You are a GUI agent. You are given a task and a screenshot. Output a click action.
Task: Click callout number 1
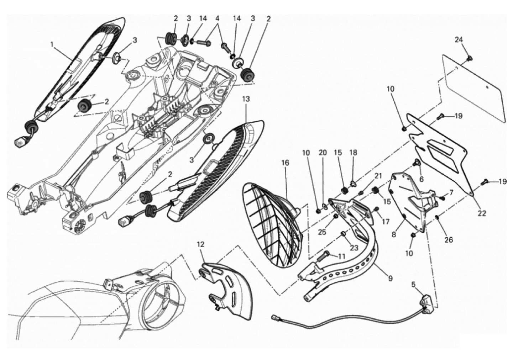pos(52,44)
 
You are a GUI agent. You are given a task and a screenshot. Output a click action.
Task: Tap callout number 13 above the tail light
pos(246,99)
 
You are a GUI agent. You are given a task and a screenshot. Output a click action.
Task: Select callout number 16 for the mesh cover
pos(286,163)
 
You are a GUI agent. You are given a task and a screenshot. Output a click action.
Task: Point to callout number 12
pos(200,244)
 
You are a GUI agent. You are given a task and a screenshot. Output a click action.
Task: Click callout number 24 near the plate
pos(459,39)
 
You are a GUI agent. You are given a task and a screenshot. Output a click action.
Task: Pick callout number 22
pos(482,213)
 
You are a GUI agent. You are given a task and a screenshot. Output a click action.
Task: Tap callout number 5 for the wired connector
pos(413,285)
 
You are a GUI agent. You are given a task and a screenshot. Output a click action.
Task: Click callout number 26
pos(449,240)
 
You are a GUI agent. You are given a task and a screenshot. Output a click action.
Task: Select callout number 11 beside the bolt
pos(341,256)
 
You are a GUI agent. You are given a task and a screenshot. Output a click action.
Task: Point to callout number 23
pos(354,248)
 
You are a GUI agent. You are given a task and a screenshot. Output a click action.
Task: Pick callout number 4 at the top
pos(217,18)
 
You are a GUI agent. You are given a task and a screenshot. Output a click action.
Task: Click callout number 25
pos(322,232)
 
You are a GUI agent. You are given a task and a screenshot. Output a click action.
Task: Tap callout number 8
pos(394,235)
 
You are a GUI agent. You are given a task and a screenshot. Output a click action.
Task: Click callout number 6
pos(422,179)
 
